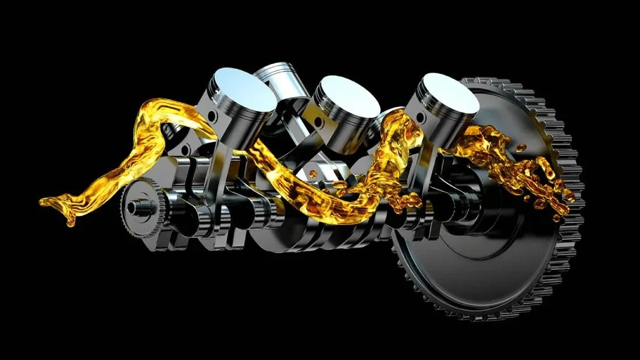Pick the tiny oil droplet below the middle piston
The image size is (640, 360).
pyautogui.click(x=314, y=173)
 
